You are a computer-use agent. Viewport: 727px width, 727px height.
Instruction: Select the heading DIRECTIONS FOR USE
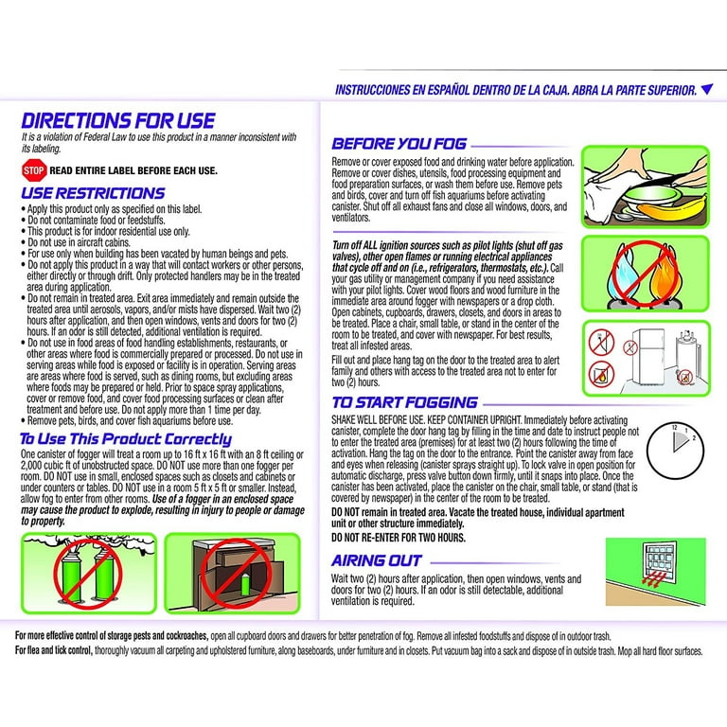click(117, 121)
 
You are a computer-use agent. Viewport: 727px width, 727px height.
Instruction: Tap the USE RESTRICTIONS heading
click(93, 193)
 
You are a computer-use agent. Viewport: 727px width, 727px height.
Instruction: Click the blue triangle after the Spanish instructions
click(706, 90)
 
